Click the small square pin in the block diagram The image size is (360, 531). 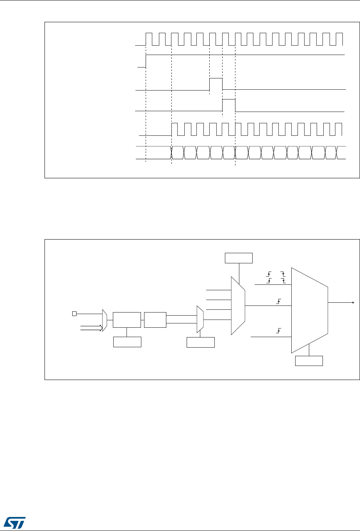coord(74,313)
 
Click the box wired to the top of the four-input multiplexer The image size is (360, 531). coord(239,258)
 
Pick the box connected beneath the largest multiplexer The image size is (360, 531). coord(309,361)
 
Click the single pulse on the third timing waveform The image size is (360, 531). coord(216,84)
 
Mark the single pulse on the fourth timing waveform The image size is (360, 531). coord(229,105)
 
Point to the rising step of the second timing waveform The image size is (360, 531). coord(146,61)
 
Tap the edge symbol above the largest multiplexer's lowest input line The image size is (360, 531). coord(279,331)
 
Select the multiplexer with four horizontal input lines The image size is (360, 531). coord(238,305)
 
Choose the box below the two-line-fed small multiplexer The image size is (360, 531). coord(201,342)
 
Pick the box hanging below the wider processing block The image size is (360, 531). coord(127,342)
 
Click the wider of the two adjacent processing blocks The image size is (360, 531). coord(127,320)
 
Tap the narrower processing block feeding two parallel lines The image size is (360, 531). coord(155,320)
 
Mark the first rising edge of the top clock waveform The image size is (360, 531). coord(146,39)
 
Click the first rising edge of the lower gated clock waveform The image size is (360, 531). coord(172,129)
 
